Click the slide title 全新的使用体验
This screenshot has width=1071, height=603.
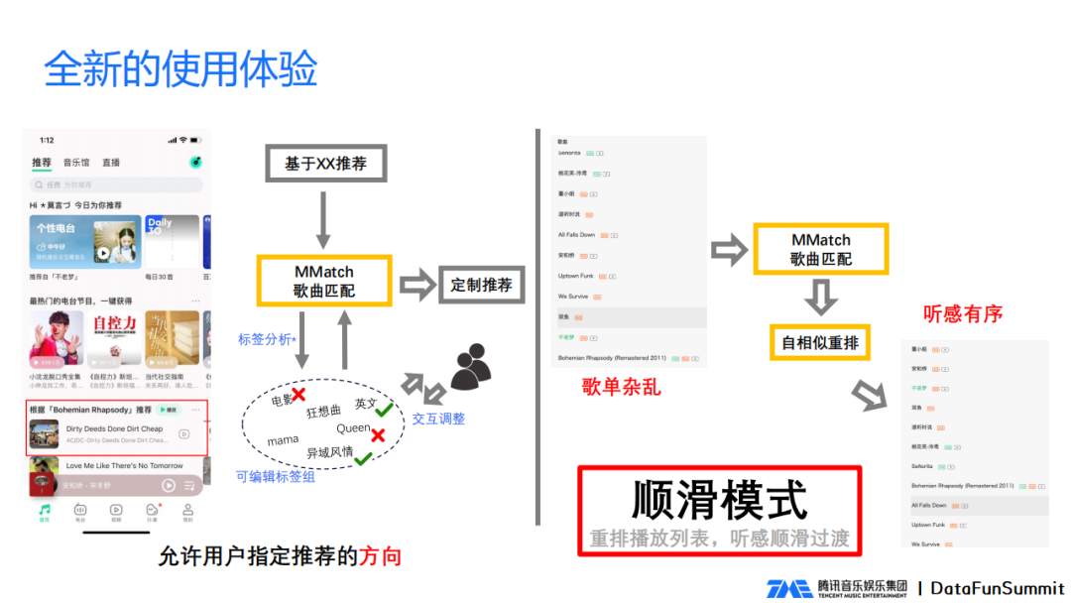coord(180,69)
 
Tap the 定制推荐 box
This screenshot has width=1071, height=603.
coord(481,285)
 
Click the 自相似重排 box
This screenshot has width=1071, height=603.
coord(819,343)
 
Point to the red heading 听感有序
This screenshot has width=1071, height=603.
coord(962,314)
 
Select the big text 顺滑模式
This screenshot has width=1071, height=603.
coord(719,500)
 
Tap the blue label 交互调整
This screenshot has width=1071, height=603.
coord(438,419)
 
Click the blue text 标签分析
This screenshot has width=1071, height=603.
coord(265,339)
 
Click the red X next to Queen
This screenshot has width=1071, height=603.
coord(378,435)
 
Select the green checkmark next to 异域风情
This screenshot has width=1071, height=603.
coord(364,457)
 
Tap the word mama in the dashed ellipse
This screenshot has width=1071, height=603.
coord(283,440)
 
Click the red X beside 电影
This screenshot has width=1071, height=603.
coord(297,396)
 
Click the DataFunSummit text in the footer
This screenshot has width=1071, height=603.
coord(998,588)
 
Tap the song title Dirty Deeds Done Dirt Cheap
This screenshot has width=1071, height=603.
coord(114,428)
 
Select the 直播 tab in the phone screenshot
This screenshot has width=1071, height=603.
coord(111,163)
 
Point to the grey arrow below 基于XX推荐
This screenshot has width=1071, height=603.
coord(323,220)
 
